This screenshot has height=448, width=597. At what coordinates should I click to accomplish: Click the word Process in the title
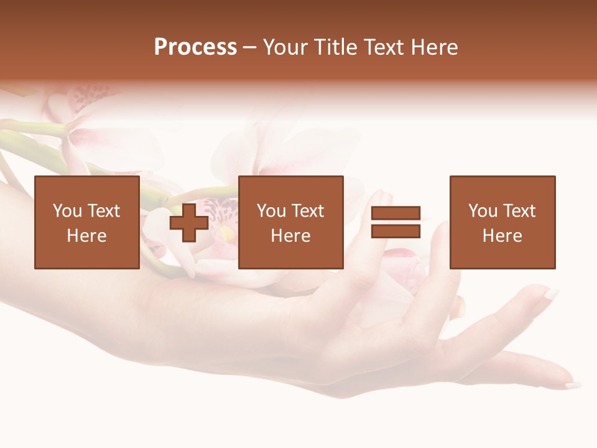point(195,47)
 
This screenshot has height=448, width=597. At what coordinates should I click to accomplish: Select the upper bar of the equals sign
point(396,213)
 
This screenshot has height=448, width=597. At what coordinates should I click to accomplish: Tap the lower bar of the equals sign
point(396,231)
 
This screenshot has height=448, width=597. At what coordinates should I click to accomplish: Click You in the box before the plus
point(67,211)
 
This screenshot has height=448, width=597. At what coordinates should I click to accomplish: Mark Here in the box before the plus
point(86,236)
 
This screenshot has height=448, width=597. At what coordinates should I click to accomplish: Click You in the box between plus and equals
point(271,211)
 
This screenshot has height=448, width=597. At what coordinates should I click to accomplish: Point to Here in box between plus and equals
point(290,236)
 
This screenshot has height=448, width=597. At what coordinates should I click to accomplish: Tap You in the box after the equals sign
point(483,211)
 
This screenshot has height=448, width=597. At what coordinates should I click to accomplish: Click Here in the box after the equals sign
point(502,236)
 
